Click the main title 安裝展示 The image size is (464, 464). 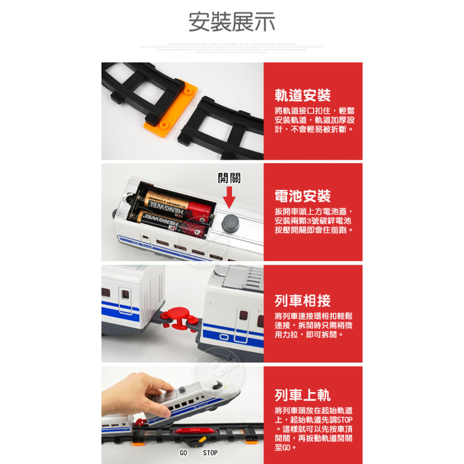(x=232, y=22)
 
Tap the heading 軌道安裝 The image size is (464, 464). (x=303, y=95)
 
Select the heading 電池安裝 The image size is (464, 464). (x=303, y=196)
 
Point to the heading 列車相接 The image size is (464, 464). (x=303, y=301)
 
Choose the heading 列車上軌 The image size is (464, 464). (x=303, y=395)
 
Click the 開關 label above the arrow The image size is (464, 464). (x=229, y=178)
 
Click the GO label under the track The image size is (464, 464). (x=183, y=453)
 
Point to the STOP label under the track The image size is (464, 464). (x=210, y=453)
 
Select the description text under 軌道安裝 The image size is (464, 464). (x=314, y=119)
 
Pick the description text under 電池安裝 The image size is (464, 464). (x=314, y=220)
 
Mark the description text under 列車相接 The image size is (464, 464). (x=314, y=325)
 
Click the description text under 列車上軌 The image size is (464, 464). (x=314, y=428)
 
